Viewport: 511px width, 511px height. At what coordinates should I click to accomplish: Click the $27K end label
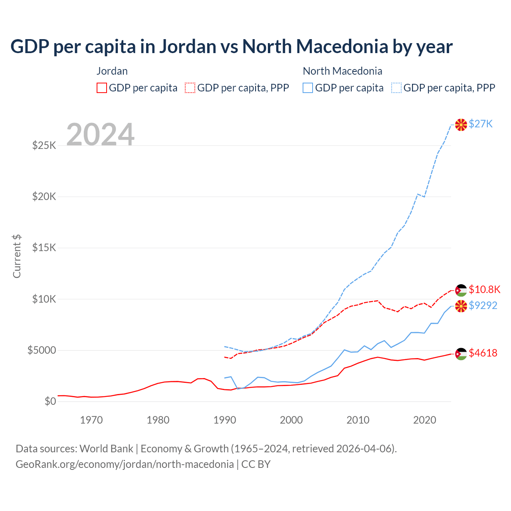481,124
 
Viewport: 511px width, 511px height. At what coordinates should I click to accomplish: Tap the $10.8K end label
484,289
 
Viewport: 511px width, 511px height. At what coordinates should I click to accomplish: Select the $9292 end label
483,305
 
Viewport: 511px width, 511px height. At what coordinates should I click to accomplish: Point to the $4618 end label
483,353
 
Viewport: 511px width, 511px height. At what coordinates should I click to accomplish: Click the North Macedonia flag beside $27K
461,125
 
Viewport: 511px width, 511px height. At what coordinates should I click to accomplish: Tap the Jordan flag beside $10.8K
461,290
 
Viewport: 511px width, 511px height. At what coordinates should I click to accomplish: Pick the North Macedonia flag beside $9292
461,306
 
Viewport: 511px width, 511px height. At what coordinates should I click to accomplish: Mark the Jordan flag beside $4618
461,354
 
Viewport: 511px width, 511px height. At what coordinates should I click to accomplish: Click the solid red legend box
102,88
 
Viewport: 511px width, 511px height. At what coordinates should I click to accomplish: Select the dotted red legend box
190,88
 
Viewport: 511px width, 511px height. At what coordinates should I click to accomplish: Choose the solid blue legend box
308,88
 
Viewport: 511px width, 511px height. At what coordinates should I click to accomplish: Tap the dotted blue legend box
396,88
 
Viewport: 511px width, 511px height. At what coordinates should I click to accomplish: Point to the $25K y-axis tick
44,145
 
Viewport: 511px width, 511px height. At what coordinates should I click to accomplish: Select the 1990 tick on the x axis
225,420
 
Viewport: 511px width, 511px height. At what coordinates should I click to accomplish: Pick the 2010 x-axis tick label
358,420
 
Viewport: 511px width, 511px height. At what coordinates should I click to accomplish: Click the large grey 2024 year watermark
100,135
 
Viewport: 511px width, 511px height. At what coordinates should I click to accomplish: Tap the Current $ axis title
17,256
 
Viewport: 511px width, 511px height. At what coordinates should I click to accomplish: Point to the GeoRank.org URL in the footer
125,464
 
